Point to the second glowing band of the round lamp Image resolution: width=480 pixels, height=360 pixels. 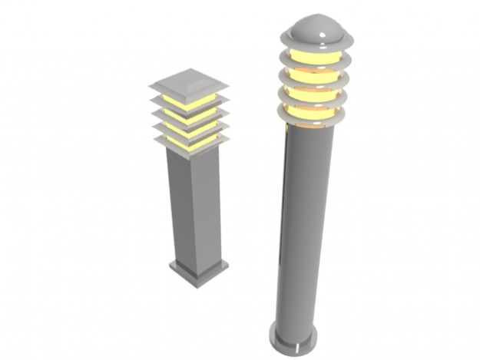[x=316, y=76]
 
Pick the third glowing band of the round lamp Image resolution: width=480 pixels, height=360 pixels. [x=314, y=94]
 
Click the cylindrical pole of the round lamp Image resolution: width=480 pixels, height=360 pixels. [x=303, y=230]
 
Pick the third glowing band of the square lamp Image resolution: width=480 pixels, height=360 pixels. [x=190, y=130]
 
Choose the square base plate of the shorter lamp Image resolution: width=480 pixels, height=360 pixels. [x=199, y=272]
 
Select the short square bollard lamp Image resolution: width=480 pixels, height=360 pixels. [x=194, y=184]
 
